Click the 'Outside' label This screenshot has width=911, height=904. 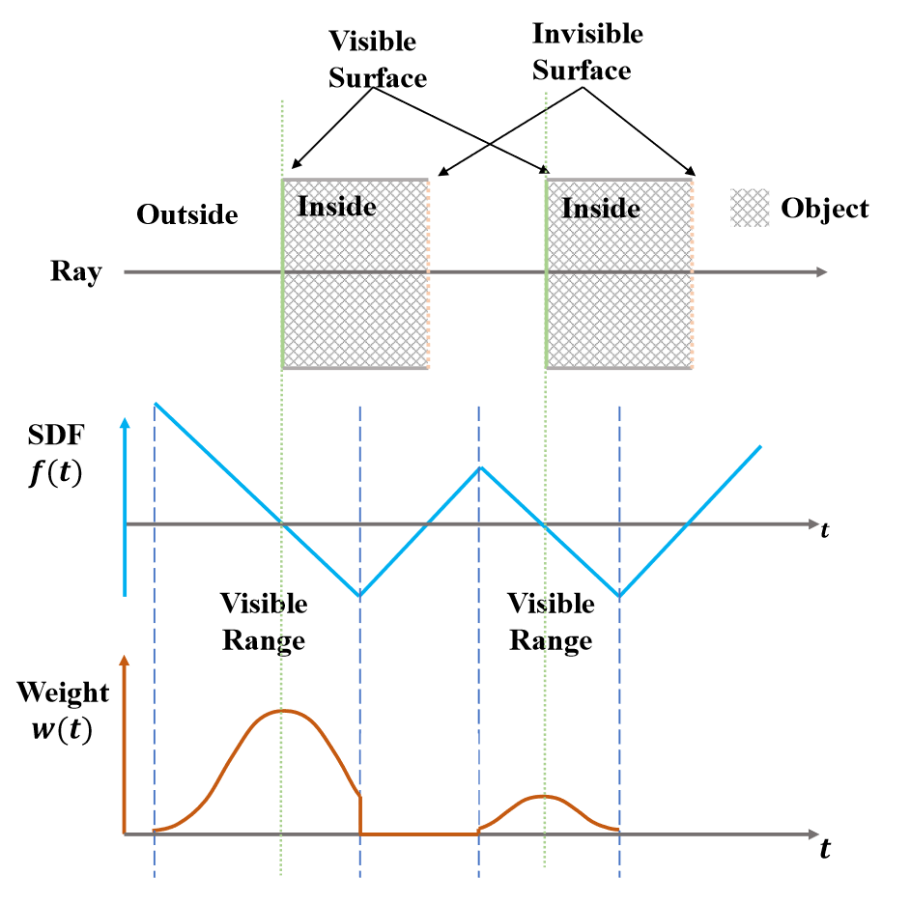[x=187, y=214]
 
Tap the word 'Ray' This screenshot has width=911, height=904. [x=75, y=272]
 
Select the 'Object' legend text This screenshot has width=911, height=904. [x=824, y=209]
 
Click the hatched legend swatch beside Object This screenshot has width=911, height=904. [x=750, y=208]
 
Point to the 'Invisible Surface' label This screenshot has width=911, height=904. [x=586, y=52]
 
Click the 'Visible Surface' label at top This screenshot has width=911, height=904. [x=376, y=59]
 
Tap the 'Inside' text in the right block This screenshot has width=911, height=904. [x=601, y=208]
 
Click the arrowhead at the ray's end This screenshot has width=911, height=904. [x=822, y=272]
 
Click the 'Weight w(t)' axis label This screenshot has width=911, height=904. [x=62, y=711]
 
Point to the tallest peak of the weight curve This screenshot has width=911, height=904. [x=282, y=711]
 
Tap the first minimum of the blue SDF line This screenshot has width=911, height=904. [x=360, y=595]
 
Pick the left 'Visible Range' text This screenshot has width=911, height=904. [x=264, y=622]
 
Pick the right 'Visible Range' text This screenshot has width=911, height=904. [x=551, y=622]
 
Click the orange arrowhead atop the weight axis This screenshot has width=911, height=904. [x=125, y=660]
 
